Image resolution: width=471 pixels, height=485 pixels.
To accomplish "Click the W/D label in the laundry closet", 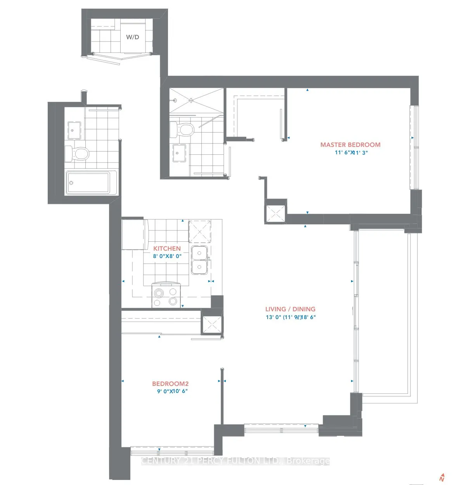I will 132,37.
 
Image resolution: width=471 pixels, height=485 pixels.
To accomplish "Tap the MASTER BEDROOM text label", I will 350,145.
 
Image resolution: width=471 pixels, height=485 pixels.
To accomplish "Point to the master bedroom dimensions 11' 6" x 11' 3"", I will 351,153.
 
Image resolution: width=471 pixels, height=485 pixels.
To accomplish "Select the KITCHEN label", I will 167,248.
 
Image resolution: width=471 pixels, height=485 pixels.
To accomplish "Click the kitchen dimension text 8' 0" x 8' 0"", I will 167,256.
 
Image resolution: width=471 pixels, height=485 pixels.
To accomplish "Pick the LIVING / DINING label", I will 290,309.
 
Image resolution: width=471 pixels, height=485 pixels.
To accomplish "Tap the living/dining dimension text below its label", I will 290,317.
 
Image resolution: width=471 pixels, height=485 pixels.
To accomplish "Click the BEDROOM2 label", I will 170,384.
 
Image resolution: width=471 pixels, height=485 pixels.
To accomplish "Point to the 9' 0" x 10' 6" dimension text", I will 172,391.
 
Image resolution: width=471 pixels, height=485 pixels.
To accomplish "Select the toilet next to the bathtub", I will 77,154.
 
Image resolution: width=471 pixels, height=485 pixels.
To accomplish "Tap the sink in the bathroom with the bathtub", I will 74,129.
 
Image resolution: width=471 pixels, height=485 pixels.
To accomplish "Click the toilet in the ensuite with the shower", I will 182,129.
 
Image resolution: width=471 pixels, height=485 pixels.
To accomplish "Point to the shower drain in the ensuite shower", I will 191,100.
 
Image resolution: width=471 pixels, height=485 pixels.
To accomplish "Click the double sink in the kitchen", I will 199,260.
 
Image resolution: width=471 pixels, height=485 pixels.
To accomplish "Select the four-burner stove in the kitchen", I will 166,297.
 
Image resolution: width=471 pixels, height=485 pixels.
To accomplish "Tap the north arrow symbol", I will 442,478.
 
